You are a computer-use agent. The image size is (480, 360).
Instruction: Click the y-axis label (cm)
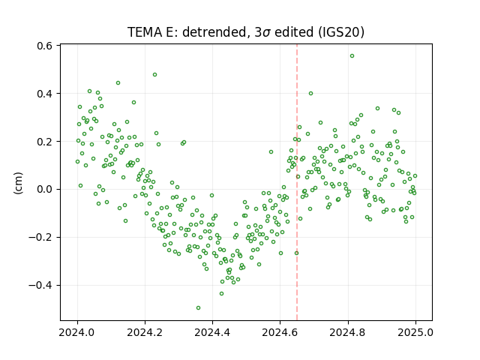(18, 183)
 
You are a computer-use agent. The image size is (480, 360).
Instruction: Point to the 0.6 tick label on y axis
(45, 46)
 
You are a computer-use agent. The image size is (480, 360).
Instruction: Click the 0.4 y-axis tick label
(45, 94)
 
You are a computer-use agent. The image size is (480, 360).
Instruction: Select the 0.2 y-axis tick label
(45, 142)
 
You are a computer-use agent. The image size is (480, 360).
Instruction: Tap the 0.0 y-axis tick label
(45, 190)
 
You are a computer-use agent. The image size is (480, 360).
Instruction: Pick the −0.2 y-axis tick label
(40, 238)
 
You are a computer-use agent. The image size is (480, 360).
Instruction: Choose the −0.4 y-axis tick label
(40, 286)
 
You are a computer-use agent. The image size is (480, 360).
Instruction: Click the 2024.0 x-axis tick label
(77, 332)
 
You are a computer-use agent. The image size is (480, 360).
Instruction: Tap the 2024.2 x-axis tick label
(145, 332)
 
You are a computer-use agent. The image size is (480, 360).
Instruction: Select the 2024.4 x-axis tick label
(212, 332)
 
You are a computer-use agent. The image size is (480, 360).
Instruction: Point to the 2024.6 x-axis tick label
(280, 332)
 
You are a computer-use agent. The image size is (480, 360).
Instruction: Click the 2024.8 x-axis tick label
(348, 332)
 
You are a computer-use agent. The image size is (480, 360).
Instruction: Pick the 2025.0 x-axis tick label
(415, 332)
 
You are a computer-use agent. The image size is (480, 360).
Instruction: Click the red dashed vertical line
(297, 182)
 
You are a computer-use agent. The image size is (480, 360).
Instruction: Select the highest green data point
(352, 56)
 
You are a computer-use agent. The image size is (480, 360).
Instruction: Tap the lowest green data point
(198, 308)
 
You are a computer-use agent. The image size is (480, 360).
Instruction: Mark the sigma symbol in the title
(266, 33)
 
